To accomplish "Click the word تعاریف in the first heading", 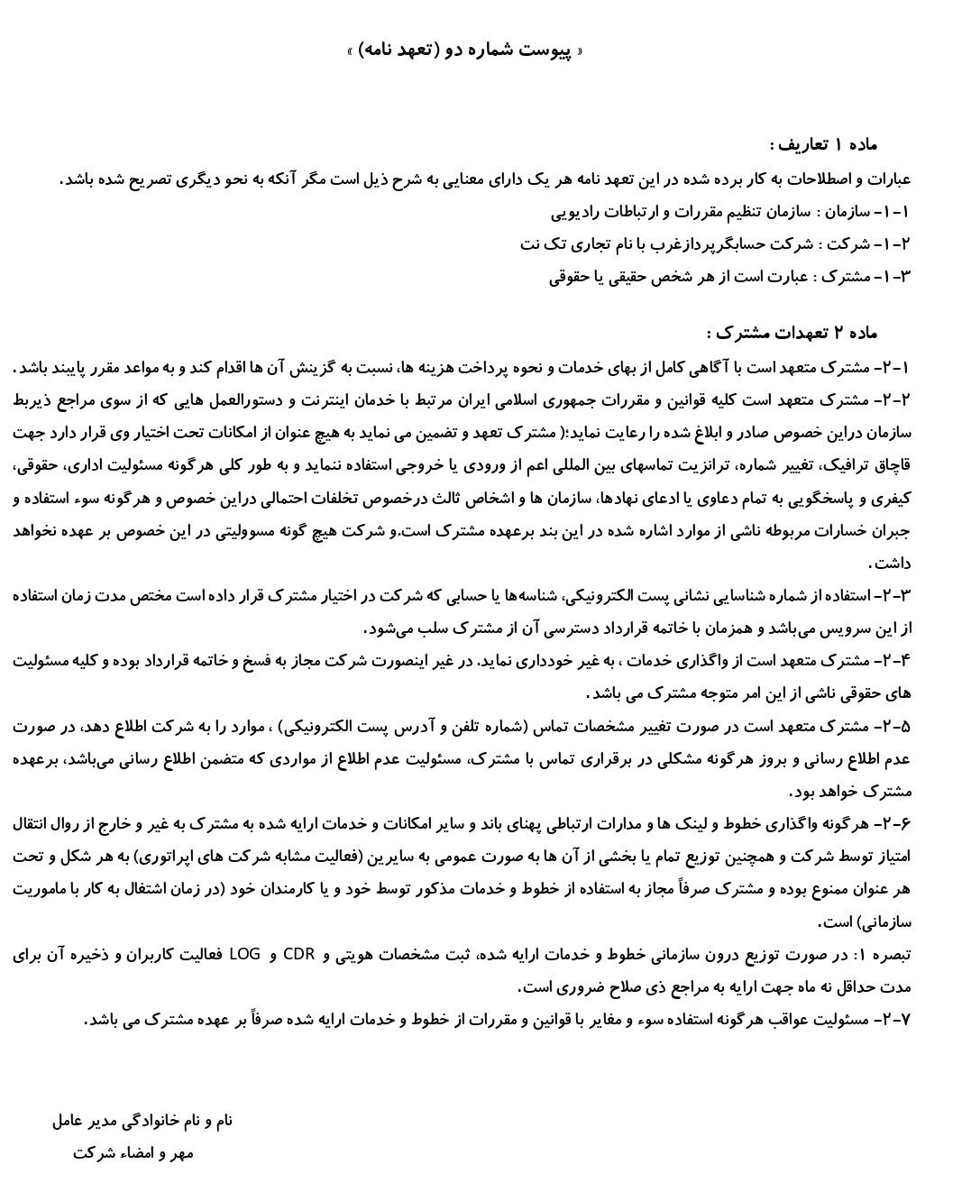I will pos(799,145).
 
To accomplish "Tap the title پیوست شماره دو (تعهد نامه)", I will pos(465,50).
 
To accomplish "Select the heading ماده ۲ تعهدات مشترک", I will pos(792,334).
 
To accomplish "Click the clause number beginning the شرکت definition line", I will pos(894,244).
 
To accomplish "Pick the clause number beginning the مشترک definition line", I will pos(894,277).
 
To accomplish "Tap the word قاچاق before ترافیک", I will pos(892,465).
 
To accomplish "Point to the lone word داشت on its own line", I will pos(893,564).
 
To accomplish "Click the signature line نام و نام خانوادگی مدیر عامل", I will pos(142,1121).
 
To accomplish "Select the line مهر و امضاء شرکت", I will pos(133,1153).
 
